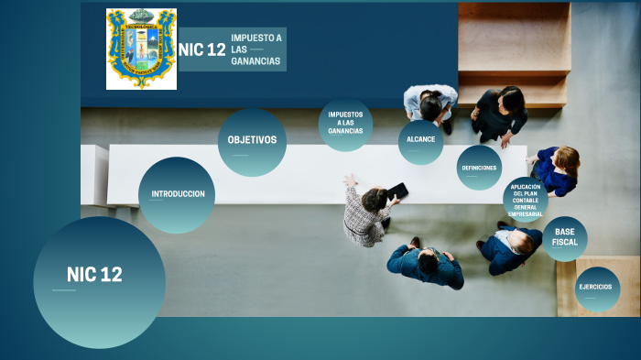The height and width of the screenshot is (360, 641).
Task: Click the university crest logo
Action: point(141,49)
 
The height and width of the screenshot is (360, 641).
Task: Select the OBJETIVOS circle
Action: point(252,141)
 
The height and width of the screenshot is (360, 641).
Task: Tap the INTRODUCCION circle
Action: point(177,194)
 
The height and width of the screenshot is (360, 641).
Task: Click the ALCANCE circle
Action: point(420,140)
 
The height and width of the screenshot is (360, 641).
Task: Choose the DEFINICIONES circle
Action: point(479,168)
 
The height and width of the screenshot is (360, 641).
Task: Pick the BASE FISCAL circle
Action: point(564,237)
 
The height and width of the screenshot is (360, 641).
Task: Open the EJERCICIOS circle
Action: point(597,288)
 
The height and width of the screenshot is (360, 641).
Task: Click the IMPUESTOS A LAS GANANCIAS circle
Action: point(345,124)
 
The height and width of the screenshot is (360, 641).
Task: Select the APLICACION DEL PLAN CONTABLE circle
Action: point(525,200)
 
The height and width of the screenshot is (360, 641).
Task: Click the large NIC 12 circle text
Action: point(94,275)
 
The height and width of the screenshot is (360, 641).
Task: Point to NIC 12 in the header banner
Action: point(202,50)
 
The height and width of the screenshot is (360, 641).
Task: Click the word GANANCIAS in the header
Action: point(255,61)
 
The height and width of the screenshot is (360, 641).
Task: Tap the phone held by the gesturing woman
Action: point(398,191)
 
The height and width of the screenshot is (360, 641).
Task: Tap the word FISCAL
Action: point(564,243)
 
